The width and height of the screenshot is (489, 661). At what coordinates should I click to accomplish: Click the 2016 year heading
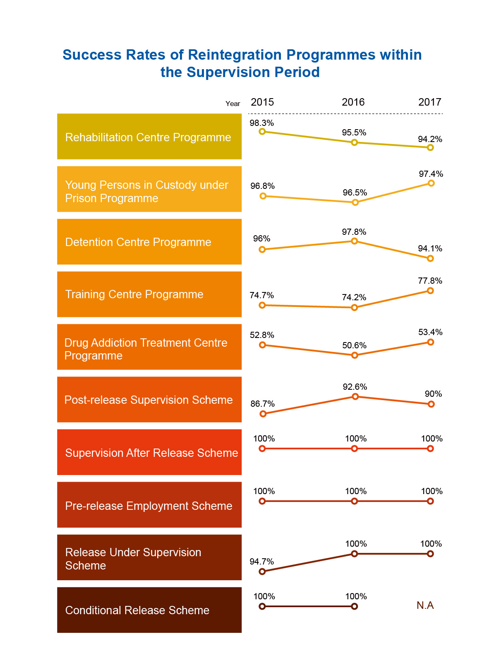(x=353, y=102)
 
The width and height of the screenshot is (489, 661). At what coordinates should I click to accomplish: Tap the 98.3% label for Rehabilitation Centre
(x=261, y=123)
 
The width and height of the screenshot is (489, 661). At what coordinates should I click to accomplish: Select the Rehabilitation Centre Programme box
(x=149, y=137)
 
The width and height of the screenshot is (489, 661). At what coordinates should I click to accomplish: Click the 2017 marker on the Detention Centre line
(x=430, y=258)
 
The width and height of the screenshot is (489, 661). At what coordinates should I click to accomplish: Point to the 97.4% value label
(x=431, y=174)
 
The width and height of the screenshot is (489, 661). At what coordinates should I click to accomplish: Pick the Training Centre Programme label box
(x=149, y=294)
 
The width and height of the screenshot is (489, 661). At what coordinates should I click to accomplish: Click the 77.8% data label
(x=430, y=281)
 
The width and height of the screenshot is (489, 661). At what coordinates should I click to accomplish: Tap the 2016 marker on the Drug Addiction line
(x=354, y=355)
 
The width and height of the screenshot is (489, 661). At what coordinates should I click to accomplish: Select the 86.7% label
(x=262, y=404)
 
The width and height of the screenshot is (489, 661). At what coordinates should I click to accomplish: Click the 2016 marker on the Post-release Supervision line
(x=355, y=397)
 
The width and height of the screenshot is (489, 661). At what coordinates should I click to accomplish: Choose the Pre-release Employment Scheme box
(x=149, y=505)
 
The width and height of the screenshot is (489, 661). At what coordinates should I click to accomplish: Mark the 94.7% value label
(x=261, y=562)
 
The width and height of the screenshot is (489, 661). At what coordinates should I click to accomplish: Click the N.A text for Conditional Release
(x=425, y=606)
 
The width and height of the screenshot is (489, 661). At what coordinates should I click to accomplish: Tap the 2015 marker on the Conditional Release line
(x=262, y=606)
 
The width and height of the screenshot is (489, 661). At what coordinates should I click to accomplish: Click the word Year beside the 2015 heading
(x=233, y=104)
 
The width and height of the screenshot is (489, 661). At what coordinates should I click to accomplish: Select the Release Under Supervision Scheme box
(x=149, y=557)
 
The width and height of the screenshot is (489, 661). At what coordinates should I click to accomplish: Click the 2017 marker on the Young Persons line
(x=431, y=183)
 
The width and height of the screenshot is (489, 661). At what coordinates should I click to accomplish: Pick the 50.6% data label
(x=354, y=345)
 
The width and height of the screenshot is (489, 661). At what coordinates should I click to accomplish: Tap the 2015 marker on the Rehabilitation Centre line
(x=262, y=132)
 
